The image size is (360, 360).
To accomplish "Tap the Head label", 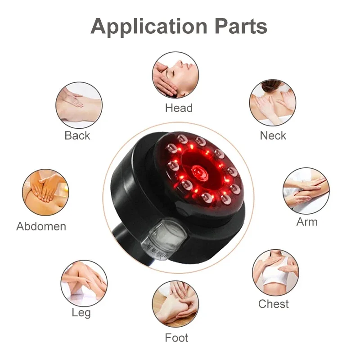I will click(179, 108).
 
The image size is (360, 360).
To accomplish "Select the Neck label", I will click(273, 135).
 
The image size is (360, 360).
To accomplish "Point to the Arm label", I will click(307, 222).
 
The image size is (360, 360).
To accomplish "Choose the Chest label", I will click(274, 304).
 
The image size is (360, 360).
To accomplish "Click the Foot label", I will click(176, 337).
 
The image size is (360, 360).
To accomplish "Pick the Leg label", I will click(81, 312).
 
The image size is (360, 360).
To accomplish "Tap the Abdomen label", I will click(41, 226).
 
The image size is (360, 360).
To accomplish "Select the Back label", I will click(77, 135).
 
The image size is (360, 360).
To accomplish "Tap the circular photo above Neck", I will click(272, 103).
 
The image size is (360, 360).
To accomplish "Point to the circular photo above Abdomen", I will click(45, 192).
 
